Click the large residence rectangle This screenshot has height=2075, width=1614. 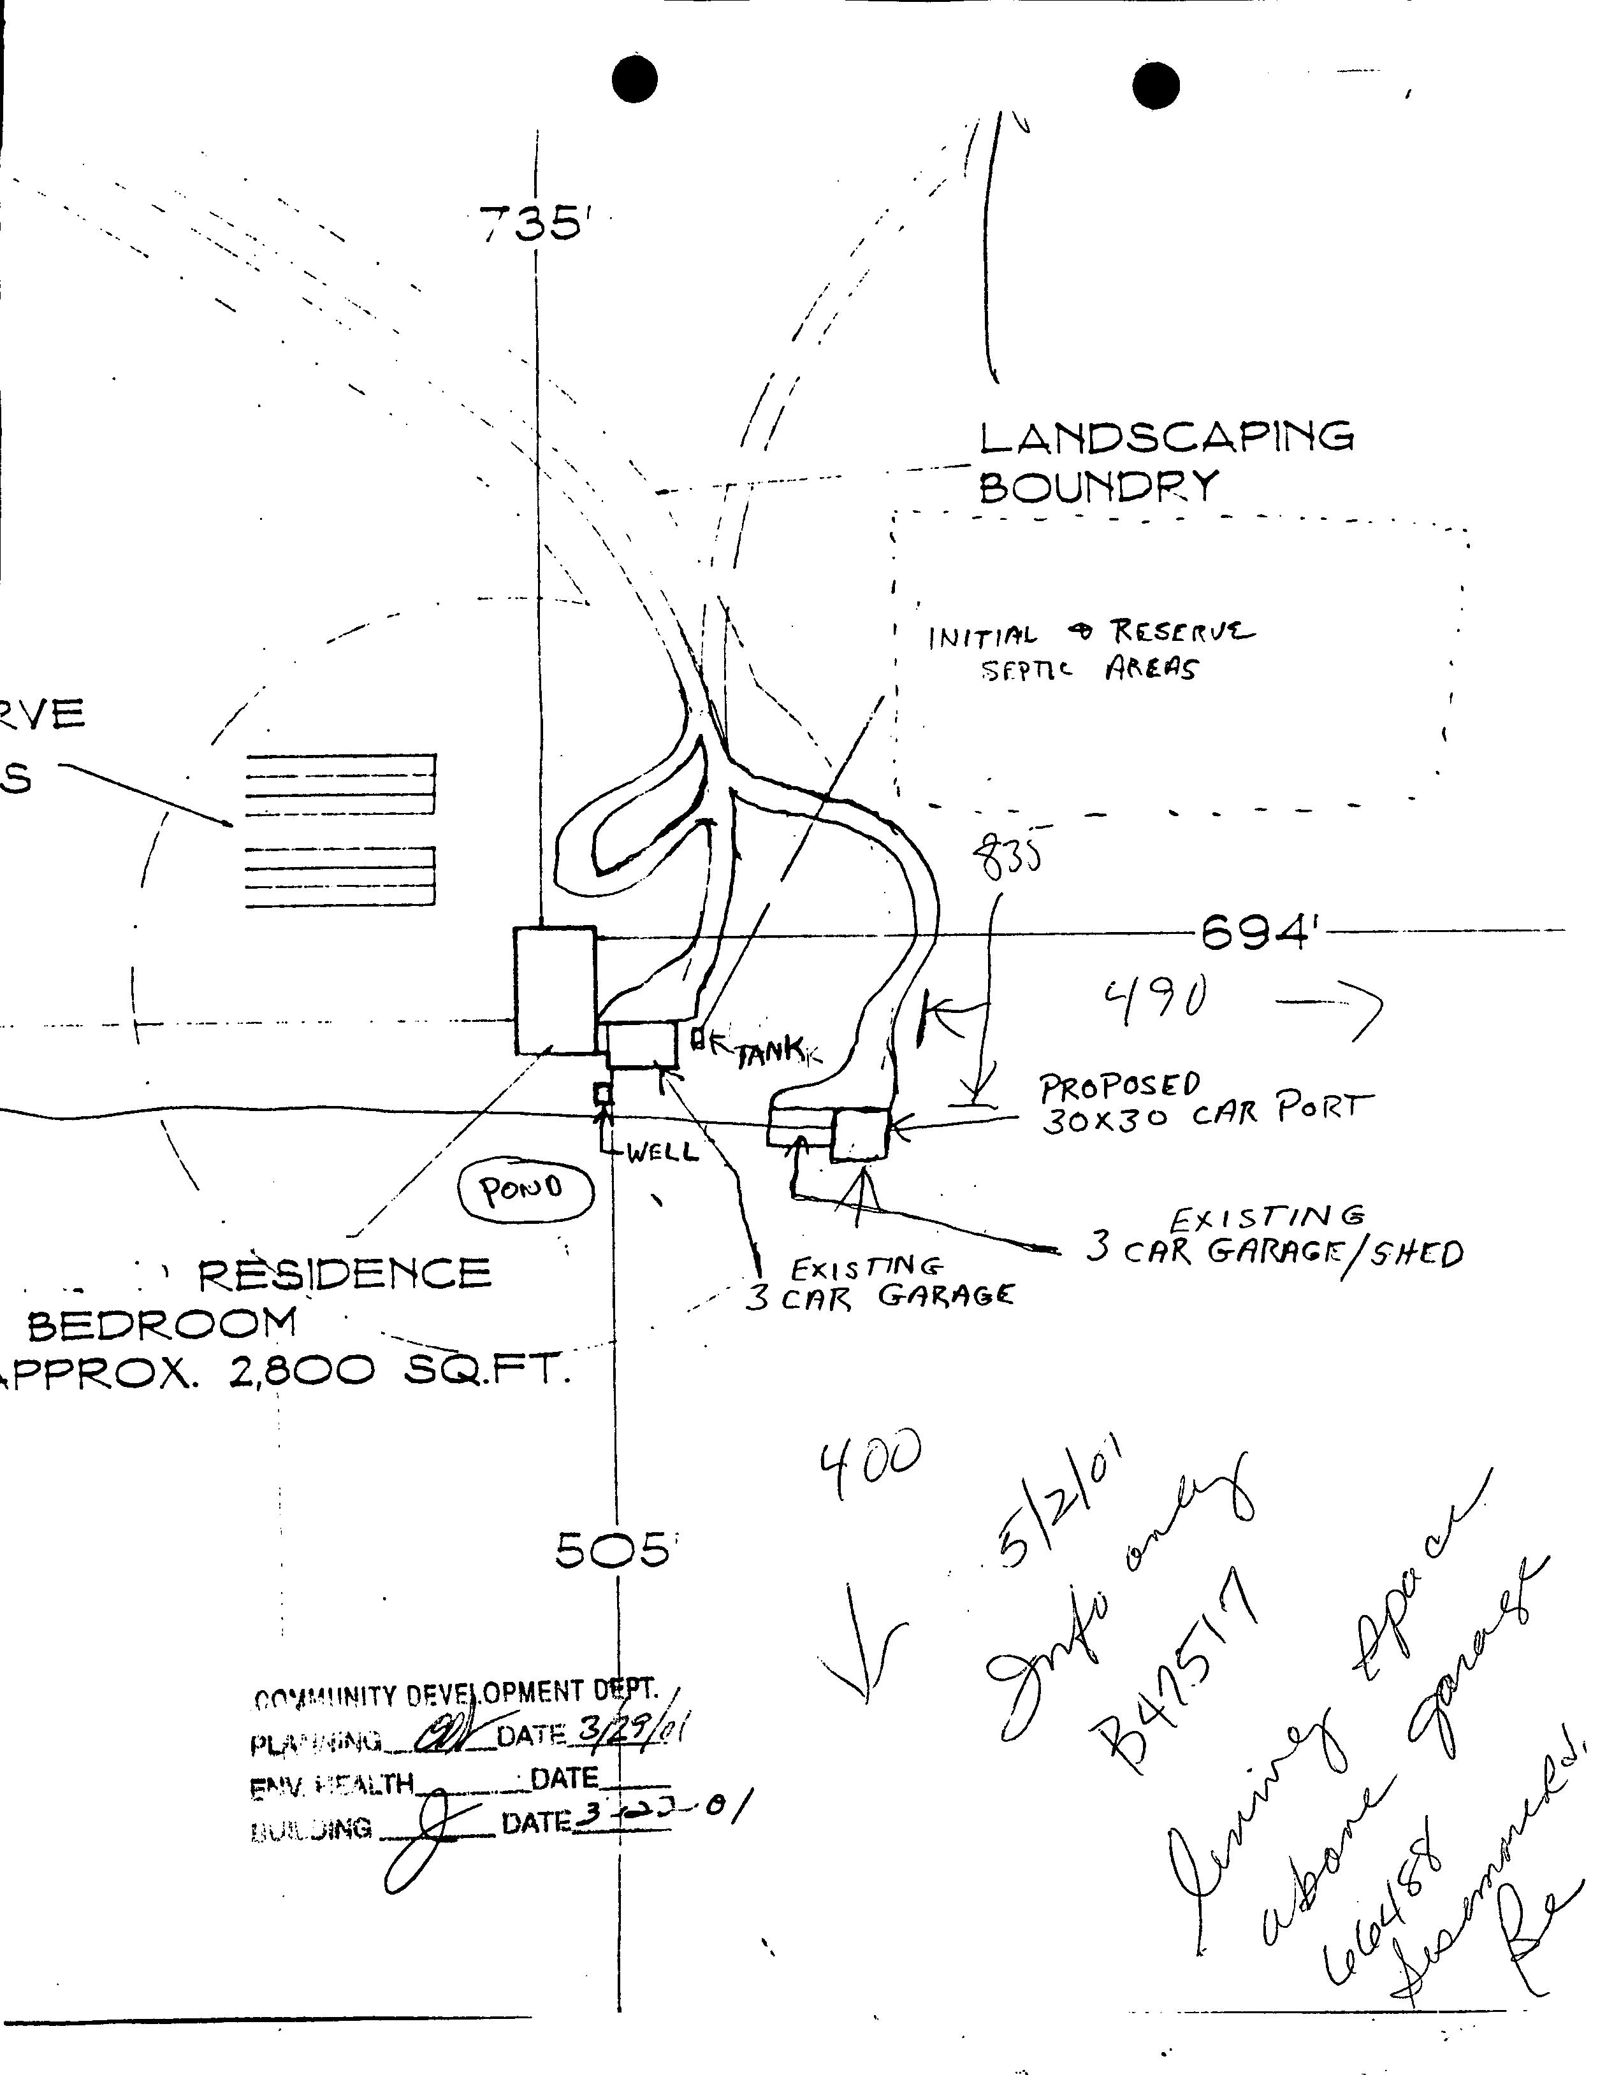point(555,990)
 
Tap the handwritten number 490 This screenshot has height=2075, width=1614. point(1156,1000)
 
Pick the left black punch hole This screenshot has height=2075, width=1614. point(635,79)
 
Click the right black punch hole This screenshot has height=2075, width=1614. point(1156,85)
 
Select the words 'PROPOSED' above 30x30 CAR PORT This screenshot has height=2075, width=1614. point(1121,1087)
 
